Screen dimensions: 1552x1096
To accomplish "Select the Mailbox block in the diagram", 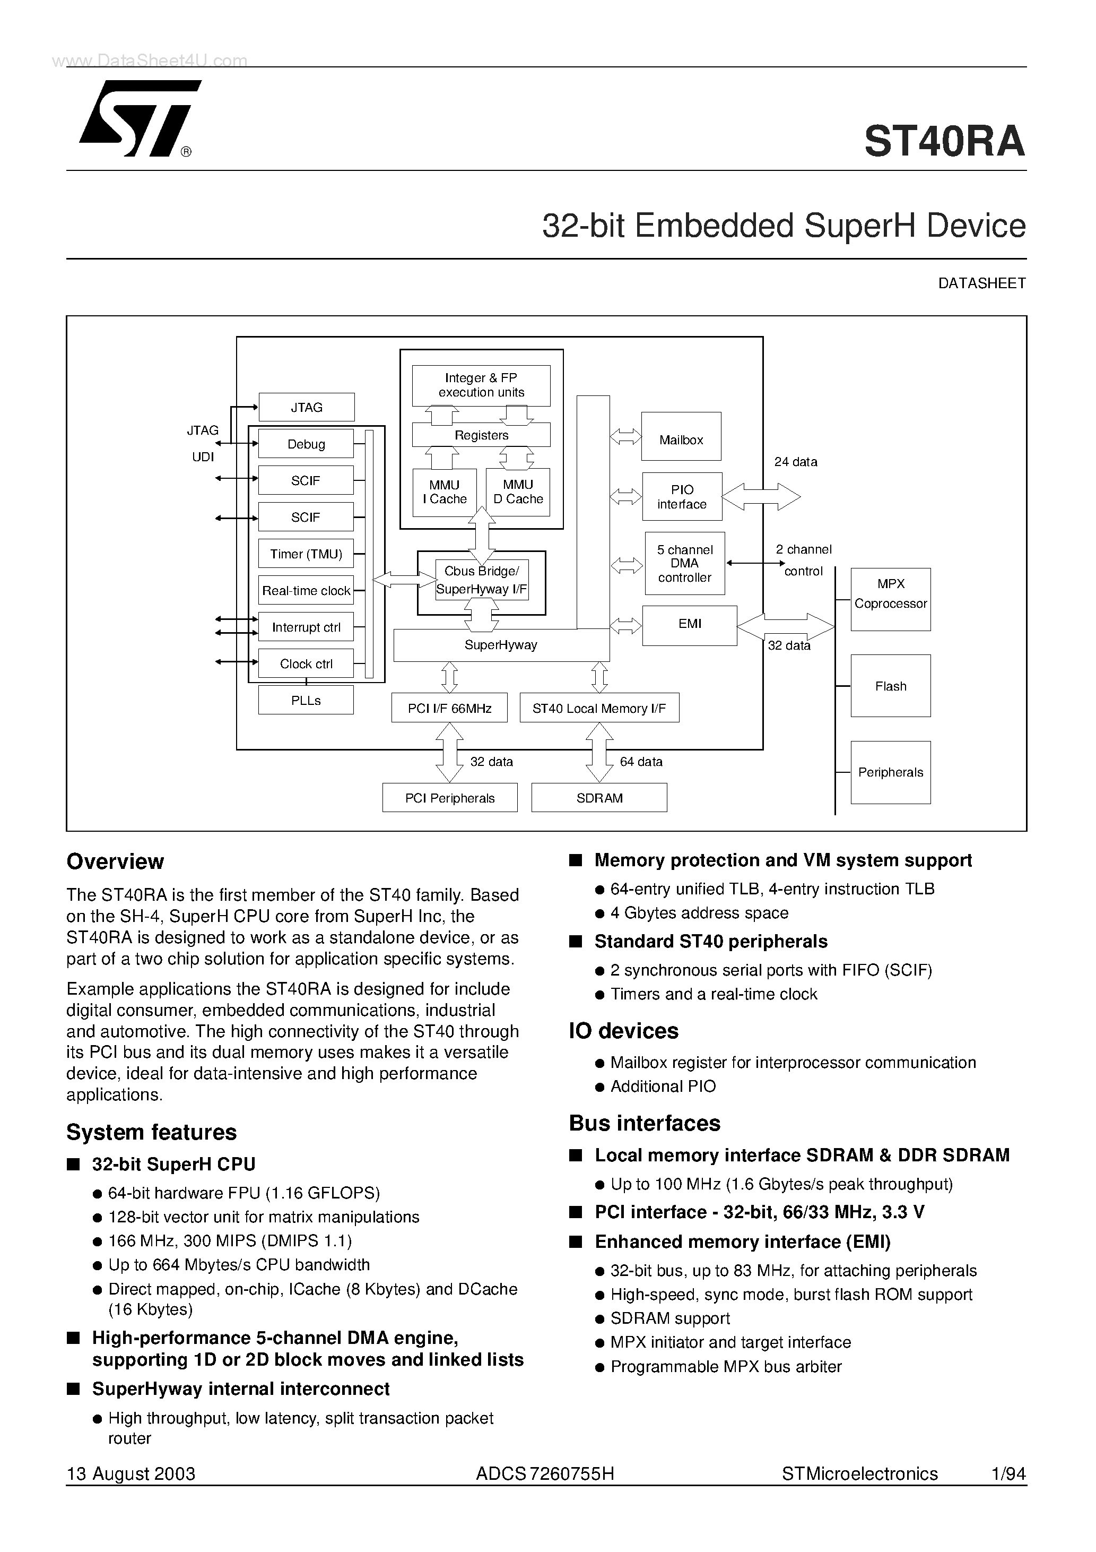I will coord(681,439).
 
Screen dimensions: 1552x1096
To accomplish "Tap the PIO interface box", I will coord(682,497).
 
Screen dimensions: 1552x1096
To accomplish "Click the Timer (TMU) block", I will coord(306,554).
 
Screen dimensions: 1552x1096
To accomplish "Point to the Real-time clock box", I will coord(306,591).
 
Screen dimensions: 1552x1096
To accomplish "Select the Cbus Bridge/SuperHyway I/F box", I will coord(481,581).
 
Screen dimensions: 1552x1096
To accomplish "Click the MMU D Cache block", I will coord(518,492).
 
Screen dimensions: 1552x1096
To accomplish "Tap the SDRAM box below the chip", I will coord(599,798).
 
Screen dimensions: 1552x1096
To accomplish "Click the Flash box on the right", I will coord(891,686).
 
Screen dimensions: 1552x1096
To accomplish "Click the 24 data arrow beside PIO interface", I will coord(762,497).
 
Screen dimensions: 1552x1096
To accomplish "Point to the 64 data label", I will coord(641,762).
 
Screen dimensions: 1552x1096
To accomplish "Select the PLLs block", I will coord(306,700).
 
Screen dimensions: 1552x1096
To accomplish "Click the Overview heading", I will coord(116,862).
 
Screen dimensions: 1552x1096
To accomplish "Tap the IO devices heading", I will coord(624,1031).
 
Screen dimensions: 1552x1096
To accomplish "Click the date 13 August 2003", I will coord(131,1473).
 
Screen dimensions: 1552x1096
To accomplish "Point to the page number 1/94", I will coord(1008,1473).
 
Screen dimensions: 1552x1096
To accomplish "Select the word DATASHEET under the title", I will coord(982,284).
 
